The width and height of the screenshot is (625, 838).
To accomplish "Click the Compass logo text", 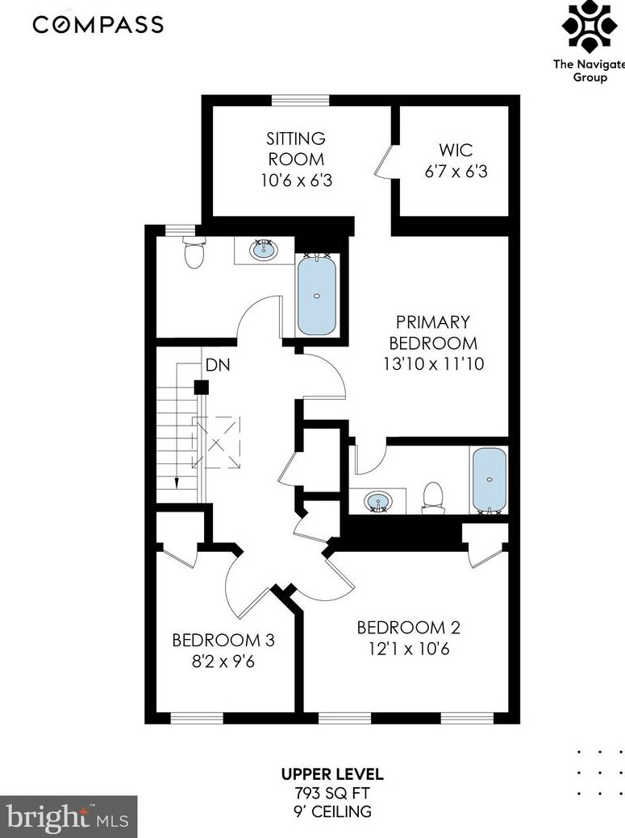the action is pos(98,25).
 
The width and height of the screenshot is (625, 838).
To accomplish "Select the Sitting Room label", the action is pos(296,148).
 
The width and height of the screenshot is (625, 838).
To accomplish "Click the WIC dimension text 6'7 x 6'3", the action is pos(456,172).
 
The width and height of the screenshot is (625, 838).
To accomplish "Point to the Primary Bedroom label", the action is pos(433,333).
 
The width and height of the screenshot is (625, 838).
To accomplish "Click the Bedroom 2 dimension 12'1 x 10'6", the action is pos(409,649).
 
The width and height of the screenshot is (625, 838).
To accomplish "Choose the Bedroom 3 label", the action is pos(223,640).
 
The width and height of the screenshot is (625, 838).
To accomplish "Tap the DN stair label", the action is pos(218,365).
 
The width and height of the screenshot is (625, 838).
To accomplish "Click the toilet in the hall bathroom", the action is pos(194,252).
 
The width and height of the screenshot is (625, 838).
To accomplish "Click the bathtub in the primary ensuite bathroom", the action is pos(489,480).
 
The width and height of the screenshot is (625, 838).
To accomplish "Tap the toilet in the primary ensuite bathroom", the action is pos(432,496).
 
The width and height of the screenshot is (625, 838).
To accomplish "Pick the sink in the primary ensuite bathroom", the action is pos(378,502).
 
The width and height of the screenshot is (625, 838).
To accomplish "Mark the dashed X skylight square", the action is pos(217,442).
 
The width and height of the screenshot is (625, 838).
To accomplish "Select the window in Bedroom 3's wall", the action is pos(197,718).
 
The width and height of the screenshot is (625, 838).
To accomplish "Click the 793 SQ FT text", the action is pos(331,792).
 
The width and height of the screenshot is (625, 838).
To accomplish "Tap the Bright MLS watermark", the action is pos(68,817).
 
